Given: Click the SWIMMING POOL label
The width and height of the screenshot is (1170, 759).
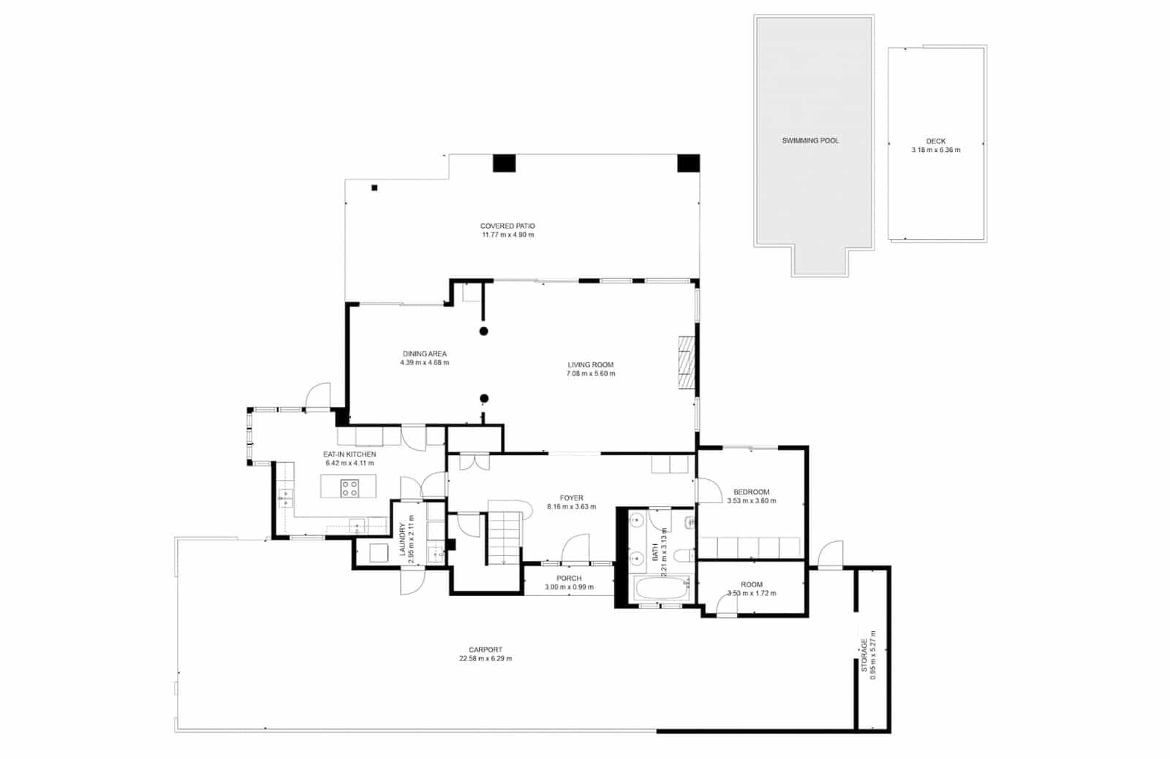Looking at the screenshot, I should (810, 140).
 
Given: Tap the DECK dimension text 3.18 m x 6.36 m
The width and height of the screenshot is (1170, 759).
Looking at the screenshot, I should (935, 150).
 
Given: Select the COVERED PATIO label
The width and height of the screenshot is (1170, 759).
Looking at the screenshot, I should (507, 226).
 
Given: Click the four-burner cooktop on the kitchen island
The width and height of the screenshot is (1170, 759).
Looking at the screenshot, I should (350, 488).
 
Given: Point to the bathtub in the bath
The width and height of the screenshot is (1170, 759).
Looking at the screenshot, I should (660, 588).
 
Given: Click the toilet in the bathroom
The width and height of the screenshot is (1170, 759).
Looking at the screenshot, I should (683, 556).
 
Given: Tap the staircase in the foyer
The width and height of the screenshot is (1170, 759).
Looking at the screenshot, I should (505, 536).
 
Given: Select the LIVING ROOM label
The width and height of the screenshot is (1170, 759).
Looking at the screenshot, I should (590, 365).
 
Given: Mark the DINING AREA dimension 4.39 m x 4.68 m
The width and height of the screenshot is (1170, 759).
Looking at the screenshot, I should (424, 363).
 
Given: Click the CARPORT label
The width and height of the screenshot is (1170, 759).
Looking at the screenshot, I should (485, 649).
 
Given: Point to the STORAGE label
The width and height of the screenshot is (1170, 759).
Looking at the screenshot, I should (864, 655).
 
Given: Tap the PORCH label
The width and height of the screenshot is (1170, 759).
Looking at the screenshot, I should (569, 578).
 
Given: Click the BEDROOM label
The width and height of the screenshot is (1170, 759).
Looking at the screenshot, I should (751, 492).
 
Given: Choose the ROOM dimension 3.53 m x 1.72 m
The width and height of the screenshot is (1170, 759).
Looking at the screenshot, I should (751, 593).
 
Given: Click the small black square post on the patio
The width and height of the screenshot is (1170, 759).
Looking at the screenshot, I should (374, 188).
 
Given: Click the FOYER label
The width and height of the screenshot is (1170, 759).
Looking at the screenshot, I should (571, 497).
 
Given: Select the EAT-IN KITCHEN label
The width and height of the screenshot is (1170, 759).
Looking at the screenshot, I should (350, 454).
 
